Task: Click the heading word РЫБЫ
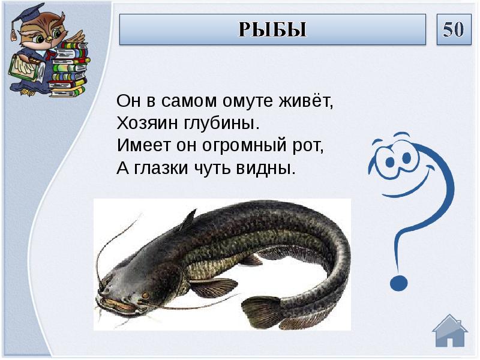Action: [272, 29]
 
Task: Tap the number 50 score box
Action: [453, 29]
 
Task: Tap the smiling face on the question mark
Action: [394, 160]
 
